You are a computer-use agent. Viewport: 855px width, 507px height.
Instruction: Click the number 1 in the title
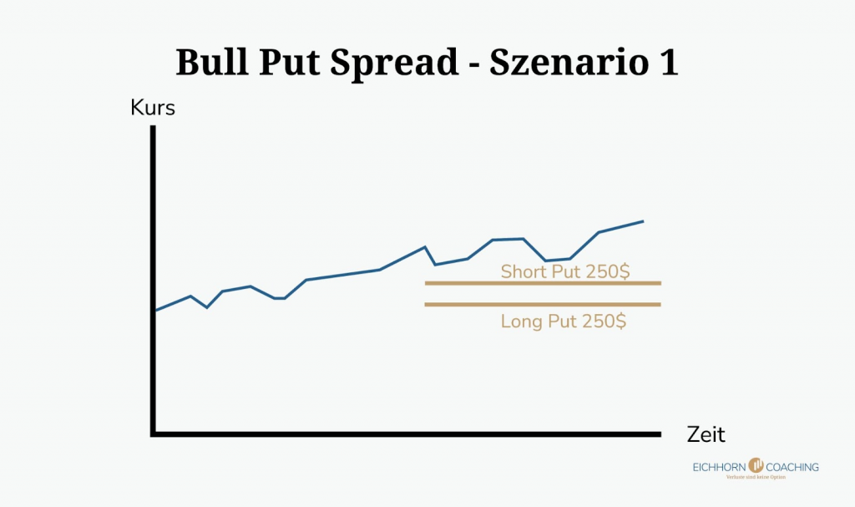coord(667,64)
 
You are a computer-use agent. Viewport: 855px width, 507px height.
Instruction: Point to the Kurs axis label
coord(153,109)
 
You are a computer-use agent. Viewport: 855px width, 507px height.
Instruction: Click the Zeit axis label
coord(706,434)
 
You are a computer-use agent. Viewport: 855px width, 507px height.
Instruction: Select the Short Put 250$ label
coord(564,271)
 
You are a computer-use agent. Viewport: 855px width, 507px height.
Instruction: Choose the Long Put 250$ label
coord(564,321)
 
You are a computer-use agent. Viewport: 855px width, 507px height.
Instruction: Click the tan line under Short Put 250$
coord(543,283)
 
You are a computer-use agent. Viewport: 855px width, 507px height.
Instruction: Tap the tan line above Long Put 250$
coord(543,304)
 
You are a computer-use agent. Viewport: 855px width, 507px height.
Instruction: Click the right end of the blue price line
coord(643,221)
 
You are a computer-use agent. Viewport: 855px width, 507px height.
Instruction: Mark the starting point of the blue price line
coord(156,310)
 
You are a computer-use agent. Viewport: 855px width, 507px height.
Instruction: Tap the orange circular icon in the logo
coord(756,465)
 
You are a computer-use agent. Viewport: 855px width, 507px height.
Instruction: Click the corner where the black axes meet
coord(154,433)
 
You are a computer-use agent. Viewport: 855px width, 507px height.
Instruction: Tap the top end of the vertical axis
coord(154,127)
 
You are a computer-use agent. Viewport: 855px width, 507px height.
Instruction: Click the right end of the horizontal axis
coord(660,433)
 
